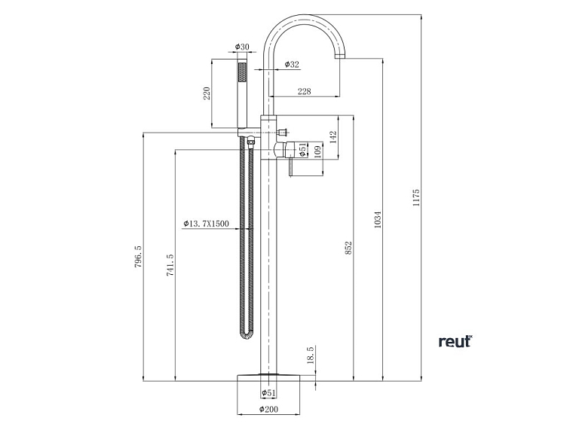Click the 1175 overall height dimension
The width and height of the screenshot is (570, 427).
[416, 199]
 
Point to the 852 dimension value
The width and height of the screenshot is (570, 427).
[348, 248]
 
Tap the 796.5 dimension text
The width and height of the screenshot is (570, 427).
[138, 257]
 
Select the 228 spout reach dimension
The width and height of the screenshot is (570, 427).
[304, 92]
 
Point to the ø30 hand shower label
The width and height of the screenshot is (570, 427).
[242, 47]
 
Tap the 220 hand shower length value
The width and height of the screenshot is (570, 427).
[207, 94]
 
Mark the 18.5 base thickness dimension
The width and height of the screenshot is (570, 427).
[310, 355]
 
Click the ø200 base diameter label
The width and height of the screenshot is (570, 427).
[269, 410]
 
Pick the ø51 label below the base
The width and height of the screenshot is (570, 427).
[269, 393]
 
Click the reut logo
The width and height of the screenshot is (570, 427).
[455, 341]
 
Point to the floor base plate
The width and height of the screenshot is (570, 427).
[269, 377]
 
